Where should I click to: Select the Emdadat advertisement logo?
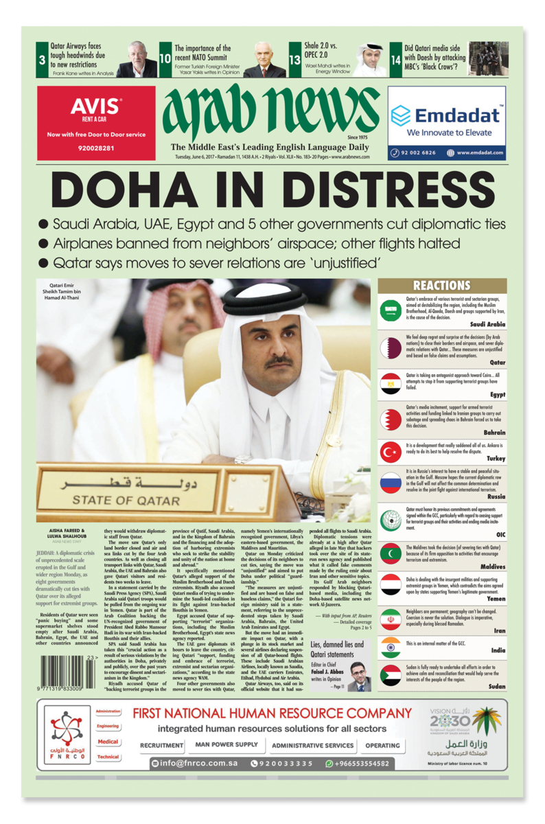click(447, 115)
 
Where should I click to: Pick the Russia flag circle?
click(391, 483)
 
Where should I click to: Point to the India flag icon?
click(391, 647)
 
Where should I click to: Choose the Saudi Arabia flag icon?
click(391, 310)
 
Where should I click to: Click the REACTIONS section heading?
click(441, 286)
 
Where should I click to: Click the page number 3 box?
click(43, 60)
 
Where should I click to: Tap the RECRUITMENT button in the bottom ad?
click(161, 745)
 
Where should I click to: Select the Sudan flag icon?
click(391, 676)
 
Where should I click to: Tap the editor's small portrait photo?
click(358, 676)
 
